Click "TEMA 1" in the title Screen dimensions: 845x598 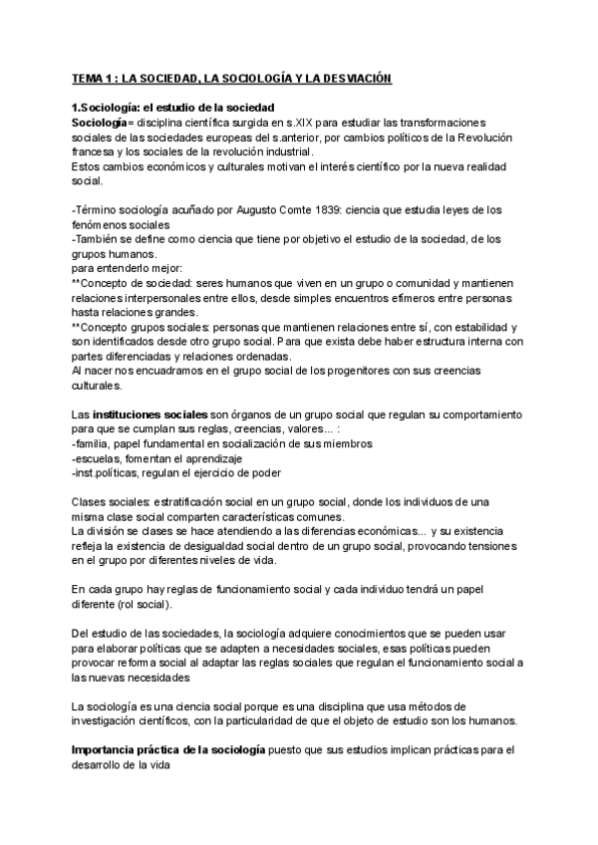click(94, 78)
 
